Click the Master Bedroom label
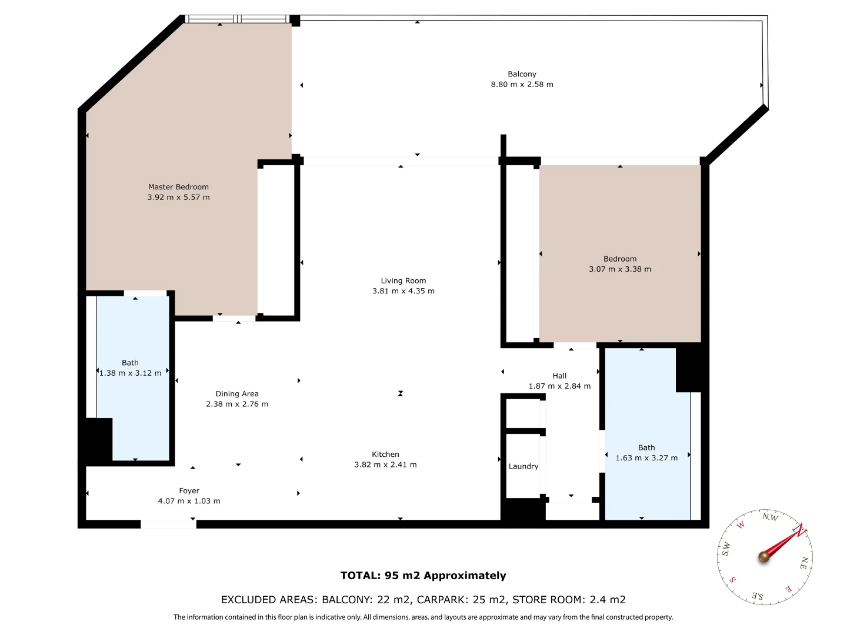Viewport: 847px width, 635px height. coord(178,187)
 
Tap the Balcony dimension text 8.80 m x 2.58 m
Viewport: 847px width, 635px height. coord(522,85)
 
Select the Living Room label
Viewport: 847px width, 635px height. coord(404,281)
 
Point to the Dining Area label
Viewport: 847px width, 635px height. coord(237,394)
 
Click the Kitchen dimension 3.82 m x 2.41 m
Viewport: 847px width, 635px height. coord(385,465)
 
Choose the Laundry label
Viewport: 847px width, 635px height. coord(523,466)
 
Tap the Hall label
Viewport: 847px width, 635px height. coord(559,376)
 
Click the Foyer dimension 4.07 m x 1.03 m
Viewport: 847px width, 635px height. coord(189,501)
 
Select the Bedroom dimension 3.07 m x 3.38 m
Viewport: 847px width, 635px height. coord(620,269)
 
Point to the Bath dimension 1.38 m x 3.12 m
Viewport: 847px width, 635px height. coord(131,373)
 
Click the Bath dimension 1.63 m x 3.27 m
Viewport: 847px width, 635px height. coord(646,458)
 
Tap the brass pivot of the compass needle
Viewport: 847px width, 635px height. coord(763,557)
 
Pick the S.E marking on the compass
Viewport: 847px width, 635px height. coord(758,596)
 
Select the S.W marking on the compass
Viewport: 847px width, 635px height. coord(726,548)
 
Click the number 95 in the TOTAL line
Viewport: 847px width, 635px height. coord(392,576)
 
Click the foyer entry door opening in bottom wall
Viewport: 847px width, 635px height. coord(168,524)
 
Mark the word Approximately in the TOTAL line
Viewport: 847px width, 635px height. coord(465,576)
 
